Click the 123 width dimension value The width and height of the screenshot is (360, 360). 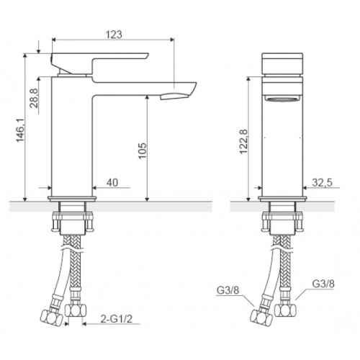pos(114,34)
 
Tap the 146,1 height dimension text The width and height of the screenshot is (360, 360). pos(21,130)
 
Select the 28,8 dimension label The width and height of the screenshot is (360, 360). pos(34,98)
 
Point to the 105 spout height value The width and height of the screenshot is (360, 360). pos(143,150)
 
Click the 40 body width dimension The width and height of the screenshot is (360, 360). pos(112,183)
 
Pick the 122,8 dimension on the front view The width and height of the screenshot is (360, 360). pos(243,142)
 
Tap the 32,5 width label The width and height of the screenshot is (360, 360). pos(322,183)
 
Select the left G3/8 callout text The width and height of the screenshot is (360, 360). pos(228,290)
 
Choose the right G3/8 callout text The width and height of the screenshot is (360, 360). pos(323,284)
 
